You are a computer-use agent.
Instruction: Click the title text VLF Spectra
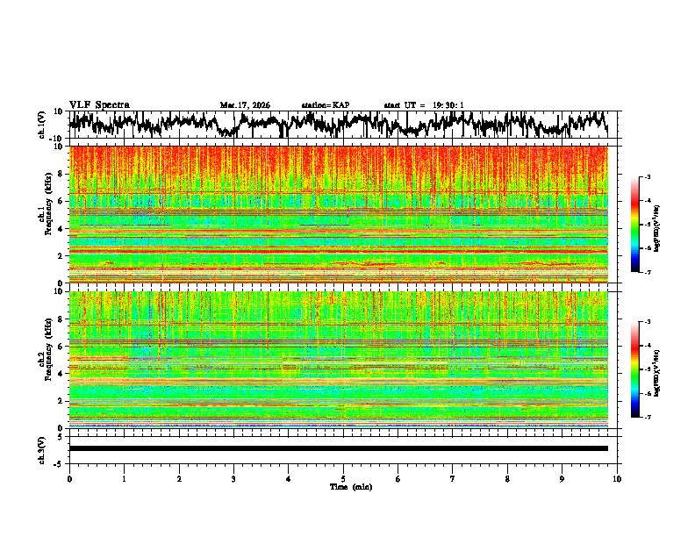pyautogui.click(x=99, y=104)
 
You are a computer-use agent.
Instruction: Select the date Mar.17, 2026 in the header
pyautogui.click(x=245, y=105)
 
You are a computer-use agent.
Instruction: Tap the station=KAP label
pyautogui.click(x=325, y=105)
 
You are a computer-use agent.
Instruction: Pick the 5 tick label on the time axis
pyautogui.click(x=343, y=478)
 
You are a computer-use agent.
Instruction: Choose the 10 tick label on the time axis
pyautogui.click(x=617, y=478)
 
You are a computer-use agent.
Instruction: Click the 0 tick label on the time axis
pyautogui.click(x=69, y=478)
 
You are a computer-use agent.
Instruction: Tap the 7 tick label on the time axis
pyautogui.click(x=453, y=478)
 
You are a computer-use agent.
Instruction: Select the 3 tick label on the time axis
pyautogui.click(x=233, y=478)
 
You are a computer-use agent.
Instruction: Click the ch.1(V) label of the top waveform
pyautogui.click(x=42, y=125)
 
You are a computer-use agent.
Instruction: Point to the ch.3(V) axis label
pyautogui.click(x=42, y=448)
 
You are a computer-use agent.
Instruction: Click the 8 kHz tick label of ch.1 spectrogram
pyautogui.click(x=61, y=174)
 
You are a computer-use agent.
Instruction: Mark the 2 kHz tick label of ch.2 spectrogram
pyautogui.click(x=61, y=401)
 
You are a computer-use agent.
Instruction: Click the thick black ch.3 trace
pyautogui.click(x=338, y=448)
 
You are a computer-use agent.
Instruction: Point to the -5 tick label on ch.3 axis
pyautogui.click(x=59, y=462)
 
